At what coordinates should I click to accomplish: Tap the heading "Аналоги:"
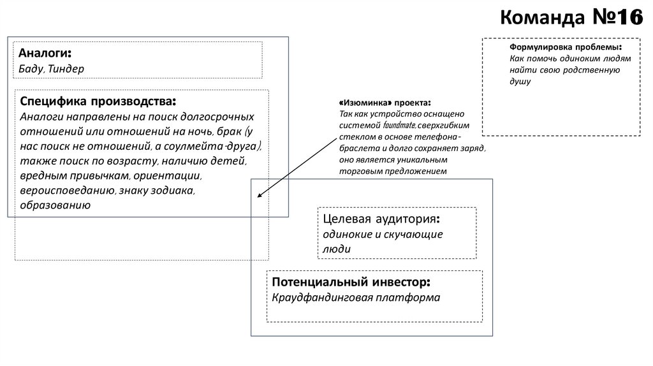[45, 53]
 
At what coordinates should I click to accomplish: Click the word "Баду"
[31, 68]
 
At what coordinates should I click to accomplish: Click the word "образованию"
[55, 205]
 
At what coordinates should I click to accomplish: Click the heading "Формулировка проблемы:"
[565, 48]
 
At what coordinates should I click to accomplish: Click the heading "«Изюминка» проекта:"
[385, 103]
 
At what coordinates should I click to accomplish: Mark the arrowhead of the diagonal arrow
[258, 196]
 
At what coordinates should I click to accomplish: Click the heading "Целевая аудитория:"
[381, 219]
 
